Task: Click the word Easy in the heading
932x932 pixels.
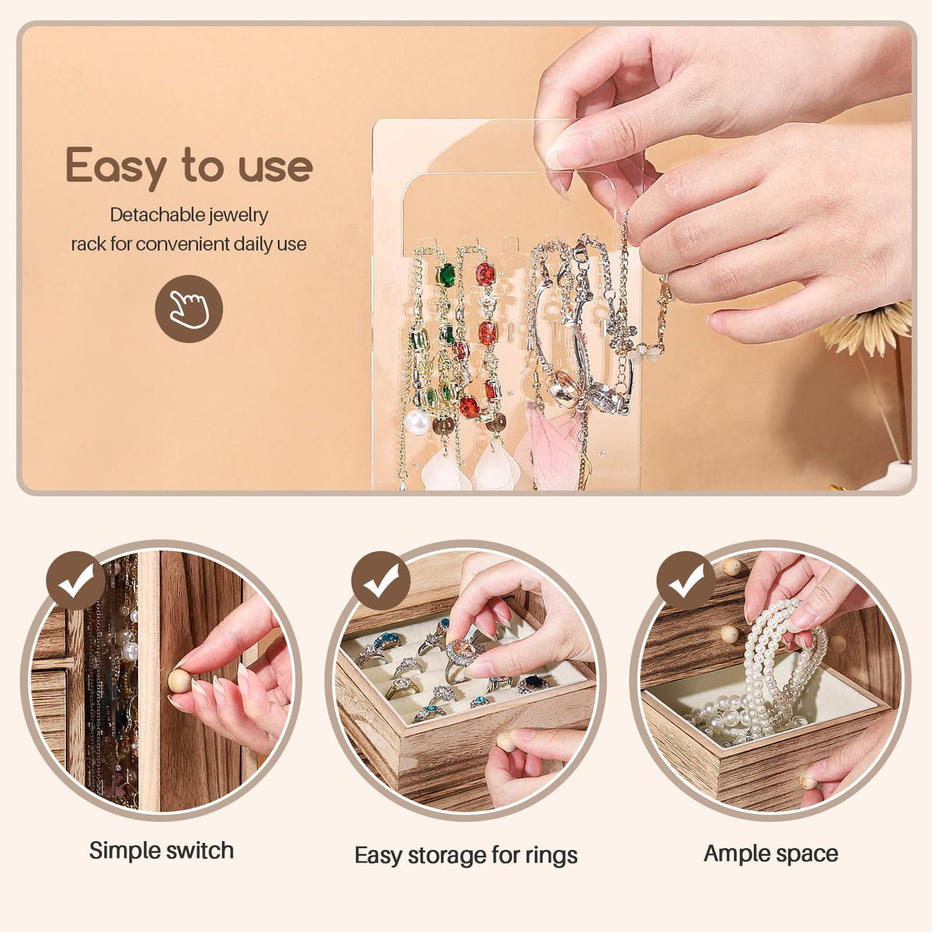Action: tap(116, 167)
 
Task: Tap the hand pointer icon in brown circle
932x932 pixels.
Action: tap(189, 309)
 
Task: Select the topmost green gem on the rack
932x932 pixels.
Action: tap(446, 276)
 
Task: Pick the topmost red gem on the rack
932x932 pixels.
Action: tap(485, 274)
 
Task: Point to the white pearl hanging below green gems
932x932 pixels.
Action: tap(417, 421)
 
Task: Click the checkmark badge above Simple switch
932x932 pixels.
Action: tap(75, 580)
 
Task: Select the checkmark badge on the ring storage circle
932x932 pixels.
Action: tap(381, 580)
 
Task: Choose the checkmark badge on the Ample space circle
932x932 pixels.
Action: tap(686, 580)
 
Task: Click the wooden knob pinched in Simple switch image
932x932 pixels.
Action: tap(179, 679)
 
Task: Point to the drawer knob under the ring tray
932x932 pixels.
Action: tap(506, 742)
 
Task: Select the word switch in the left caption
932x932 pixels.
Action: tap(197, 851)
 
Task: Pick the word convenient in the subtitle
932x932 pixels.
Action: tap(183, 244)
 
